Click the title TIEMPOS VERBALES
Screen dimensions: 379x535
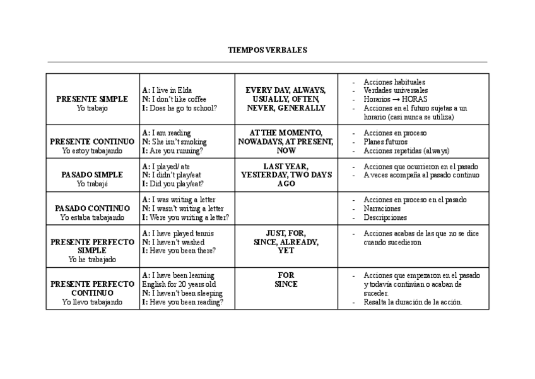(267, 50)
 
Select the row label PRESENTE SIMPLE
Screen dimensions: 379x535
(92, 99)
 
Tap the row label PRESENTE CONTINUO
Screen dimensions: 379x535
(92, 142)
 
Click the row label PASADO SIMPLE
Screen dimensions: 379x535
(92, 174)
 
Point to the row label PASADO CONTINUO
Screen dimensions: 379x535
(92, 208)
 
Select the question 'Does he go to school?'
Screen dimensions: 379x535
(184, 108)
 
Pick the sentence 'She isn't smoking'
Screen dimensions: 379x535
(179, 142)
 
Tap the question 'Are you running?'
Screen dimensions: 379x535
(177, 151)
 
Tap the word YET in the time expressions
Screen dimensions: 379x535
(286, 251)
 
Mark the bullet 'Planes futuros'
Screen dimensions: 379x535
(385, 142)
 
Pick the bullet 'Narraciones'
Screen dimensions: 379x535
(382, 208)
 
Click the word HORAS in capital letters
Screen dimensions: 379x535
(414, 99)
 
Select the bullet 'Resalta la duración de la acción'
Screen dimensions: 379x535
(413, 302)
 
